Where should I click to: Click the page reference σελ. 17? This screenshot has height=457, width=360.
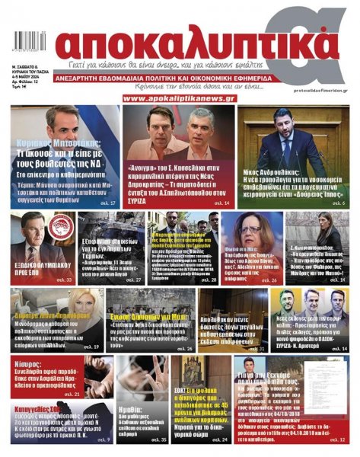point(108,204)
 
